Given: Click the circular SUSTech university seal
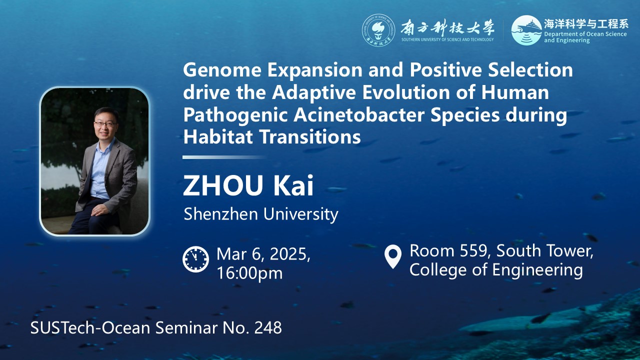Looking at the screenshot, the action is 378,30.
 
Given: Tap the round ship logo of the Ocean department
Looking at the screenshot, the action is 526,30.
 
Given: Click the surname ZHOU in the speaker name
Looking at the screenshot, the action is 223,185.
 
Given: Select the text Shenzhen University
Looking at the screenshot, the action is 261,214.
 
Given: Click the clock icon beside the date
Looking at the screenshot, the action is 195,259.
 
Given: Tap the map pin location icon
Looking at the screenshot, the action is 393,256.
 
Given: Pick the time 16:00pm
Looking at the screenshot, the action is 249,273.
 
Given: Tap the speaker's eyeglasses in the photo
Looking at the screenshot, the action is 105,124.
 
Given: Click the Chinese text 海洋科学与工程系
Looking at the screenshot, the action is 585,24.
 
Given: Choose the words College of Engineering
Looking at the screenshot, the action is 496,270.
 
